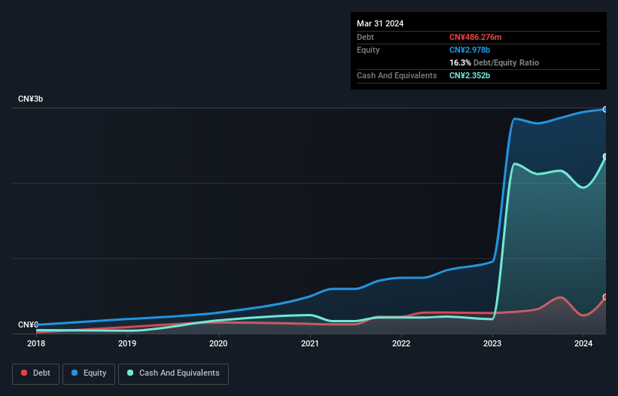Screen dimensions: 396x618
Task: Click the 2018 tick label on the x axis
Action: (x=36, y=344)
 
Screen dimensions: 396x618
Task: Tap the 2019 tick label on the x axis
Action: (x=127, y=344)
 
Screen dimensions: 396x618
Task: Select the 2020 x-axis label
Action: (x=218, y=344)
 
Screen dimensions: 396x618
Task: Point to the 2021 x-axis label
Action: (x=309, y=344)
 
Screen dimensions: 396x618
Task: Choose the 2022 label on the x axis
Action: (x=401, y=344)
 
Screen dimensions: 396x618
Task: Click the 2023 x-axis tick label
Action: (x=492, y=344)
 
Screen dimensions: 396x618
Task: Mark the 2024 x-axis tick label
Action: (x=583, y=344)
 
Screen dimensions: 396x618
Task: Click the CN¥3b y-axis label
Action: (x=31, y=99)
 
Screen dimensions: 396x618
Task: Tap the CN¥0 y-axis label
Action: (x=28, y=324)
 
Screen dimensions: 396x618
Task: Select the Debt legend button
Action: (x=37, y=373)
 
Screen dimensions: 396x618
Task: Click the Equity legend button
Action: (x=90, y=373)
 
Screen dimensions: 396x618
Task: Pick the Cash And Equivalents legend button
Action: (x=173, y=373)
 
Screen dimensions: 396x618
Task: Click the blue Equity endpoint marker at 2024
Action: (x=604, y=109)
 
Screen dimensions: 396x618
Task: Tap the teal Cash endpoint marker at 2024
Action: (x=604, y=157)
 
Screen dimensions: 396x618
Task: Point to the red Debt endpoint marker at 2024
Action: (x=604, y=297)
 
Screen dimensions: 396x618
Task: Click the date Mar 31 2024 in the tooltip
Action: (x=380, y=23)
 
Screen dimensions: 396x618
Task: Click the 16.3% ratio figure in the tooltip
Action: (x=460, y=62)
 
